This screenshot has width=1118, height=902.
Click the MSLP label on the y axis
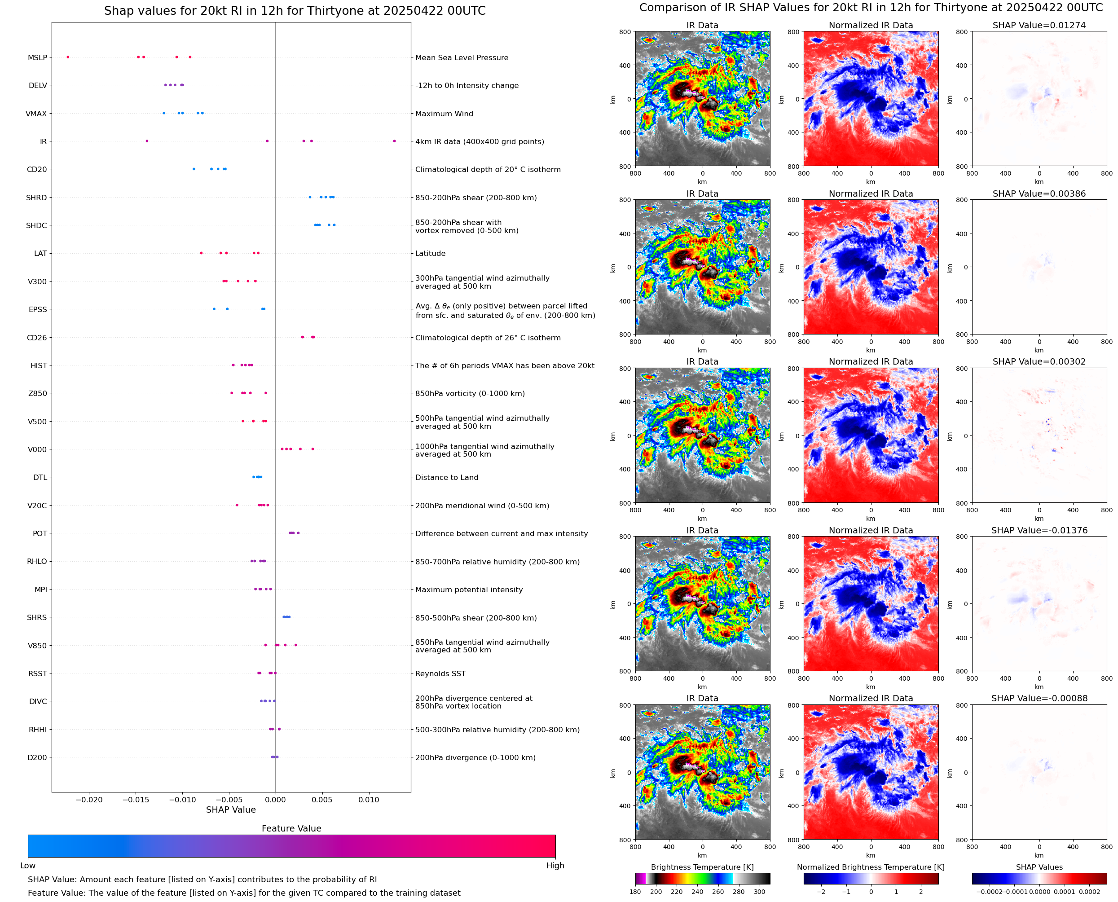(x=37, y=57)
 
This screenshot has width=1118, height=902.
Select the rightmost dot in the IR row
(x=394, y=141)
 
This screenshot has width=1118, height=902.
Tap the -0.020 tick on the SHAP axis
(x=89, y=800)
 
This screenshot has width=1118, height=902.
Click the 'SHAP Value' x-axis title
(x=231, y=810)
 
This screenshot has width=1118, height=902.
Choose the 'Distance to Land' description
(x=446, y=478)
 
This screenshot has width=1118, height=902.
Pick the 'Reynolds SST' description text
(x=440, y=673)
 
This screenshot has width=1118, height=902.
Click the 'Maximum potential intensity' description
(x=469, y=590)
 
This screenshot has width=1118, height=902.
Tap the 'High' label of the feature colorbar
(x=555, y=866)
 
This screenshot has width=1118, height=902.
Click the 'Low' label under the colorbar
(x=28, y=866)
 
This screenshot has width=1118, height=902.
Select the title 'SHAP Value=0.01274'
(x=1039, y=26)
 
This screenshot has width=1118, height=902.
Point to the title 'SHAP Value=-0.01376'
(x=1039, y=531)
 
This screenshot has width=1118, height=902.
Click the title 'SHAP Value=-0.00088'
(x=1039, y=698)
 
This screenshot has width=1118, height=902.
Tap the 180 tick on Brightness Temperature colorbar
(x=635, y=892)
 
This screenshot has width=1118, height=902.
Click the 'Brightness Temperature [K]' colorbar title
(x=702, y=867)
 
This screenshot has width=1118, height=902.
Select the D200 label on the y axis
(x=37, y=757)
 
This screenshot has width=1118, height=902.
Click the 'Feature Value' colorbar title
(x=291, y=828)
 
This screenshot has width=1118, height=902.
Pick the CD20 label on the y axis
(x=37, y=169)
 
